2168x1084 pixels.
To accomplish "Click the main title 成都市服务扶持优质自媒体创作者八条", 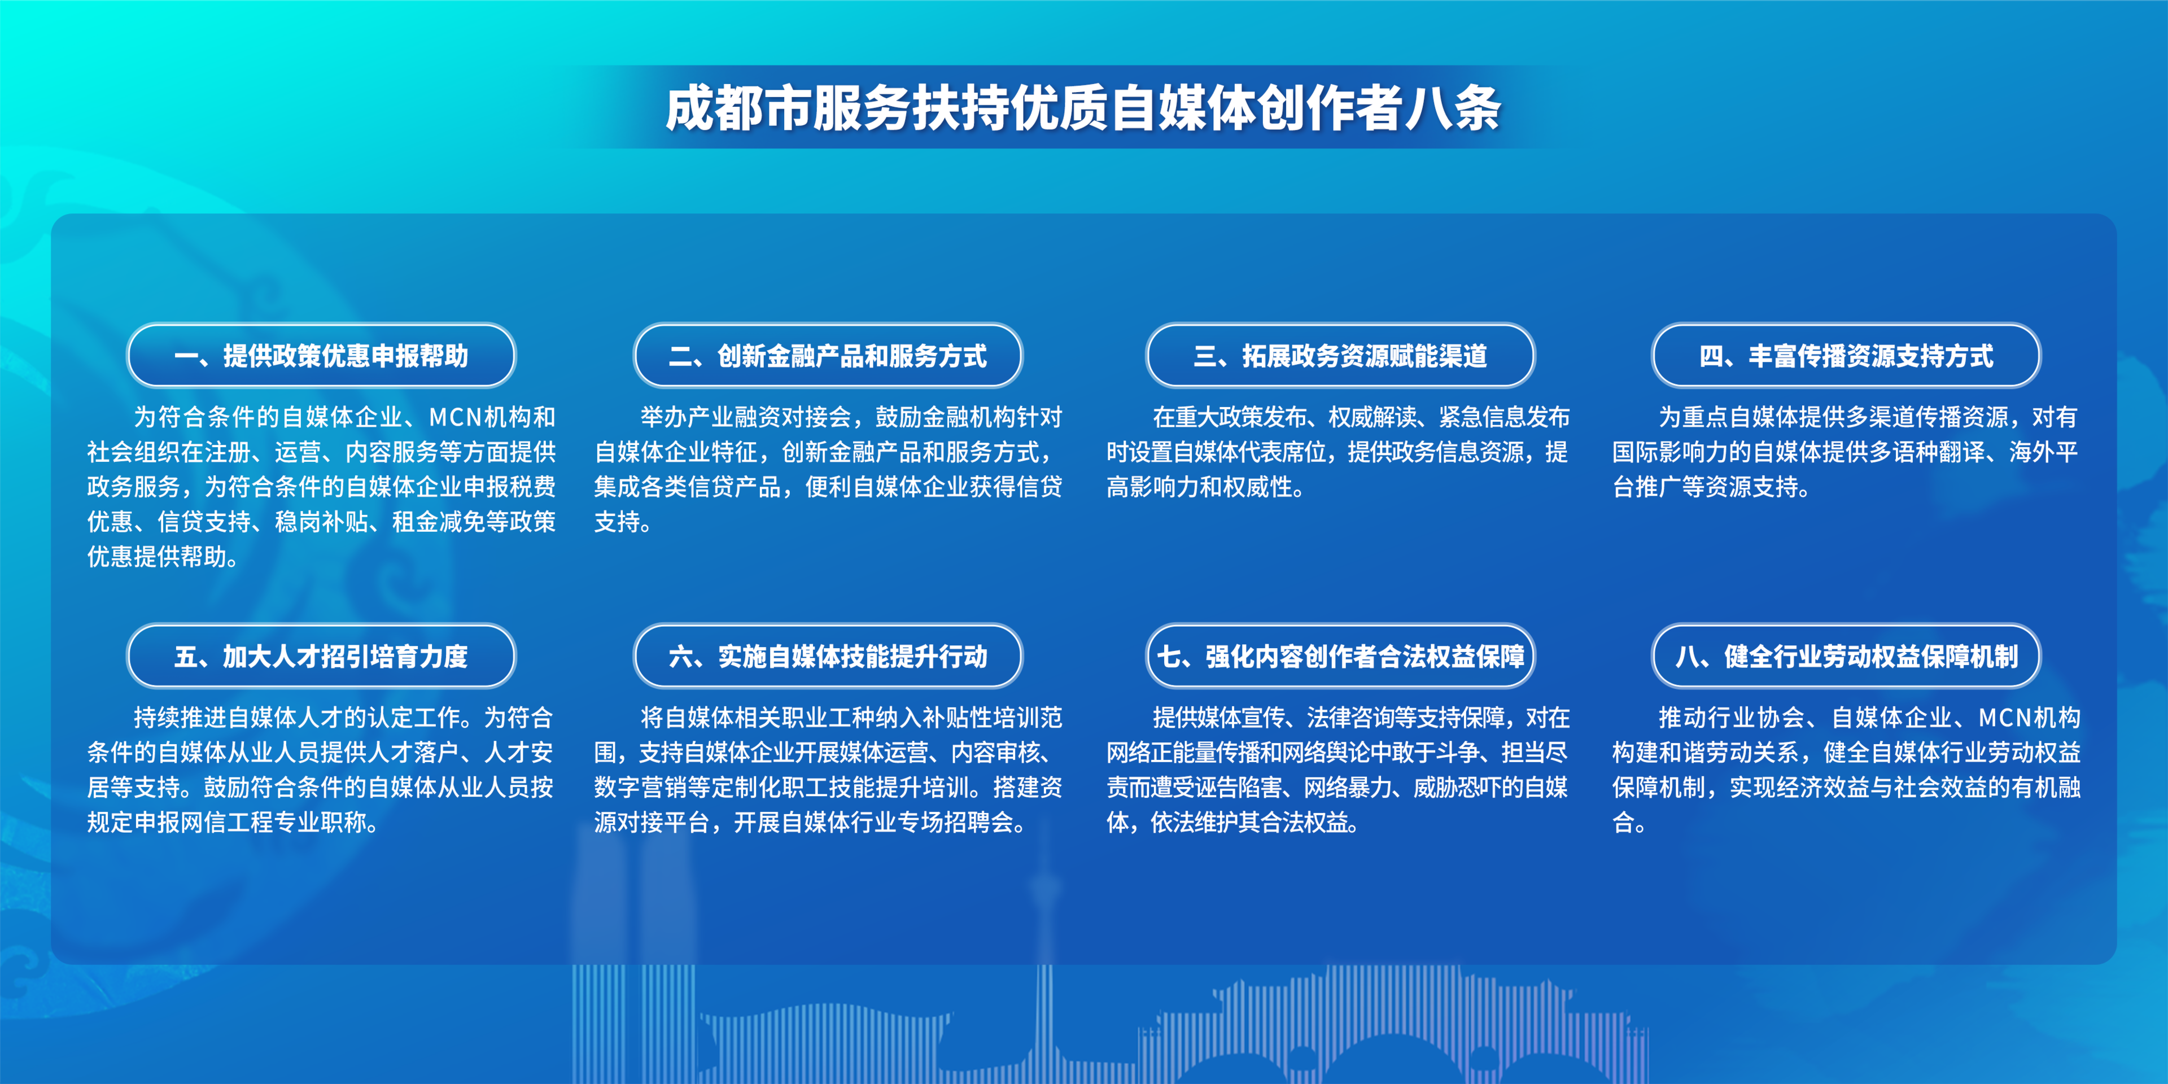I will [1083, 108].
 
